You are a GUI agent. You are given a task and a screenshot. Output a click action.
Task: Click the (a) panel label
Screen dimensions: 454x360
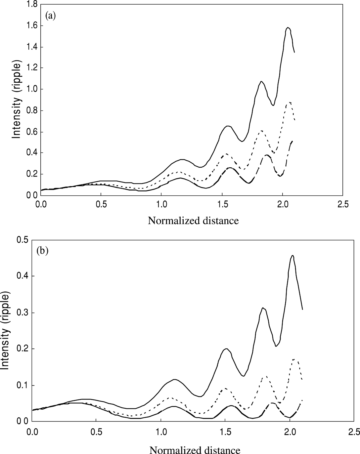point(51,16)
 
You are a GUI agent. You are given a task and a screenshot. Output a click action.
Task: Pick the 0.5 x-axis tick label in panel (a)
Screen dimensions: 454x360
point(101,205)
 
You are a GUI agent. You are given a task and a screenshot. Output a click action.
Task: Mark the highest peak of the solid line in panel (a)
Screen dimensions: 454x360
point(288,27)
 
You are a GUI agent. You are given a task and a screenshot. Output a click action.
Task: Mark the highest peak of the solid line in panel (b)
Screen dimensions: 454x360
point(292,255)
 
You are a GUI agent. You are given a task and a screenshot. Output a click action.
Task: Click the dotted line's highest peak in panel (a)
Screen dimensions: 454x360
point(290,102)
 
